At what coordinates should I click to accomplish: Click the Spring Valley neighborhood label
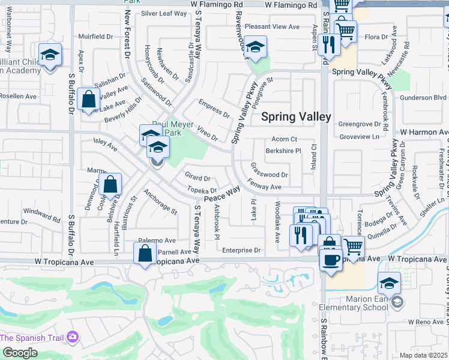point(296,116)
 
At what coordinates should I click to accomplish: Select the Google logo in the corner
point(20,352)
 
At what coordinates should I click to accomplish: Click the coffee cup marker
point(330,259)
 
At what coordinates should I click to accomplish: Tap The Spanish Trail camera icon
point(73,337)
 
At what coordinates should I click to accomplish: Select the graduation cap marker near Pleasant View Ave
point(256,48)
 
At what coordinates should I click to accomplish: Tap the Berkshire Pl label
point(283,151)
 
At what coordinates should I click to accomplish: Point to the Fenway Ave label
point(264,187)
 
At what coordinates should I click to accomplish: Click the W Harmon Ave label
point(424,131)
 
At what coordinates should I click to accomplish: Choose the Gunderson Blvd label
point(423,97)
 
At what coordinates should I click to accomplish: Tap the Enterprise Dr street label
point(241,250)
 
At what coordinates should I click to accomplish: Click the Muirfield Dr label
point(95,37)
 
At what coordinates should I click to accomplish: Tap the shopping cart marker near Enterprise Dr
point(353,247)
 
